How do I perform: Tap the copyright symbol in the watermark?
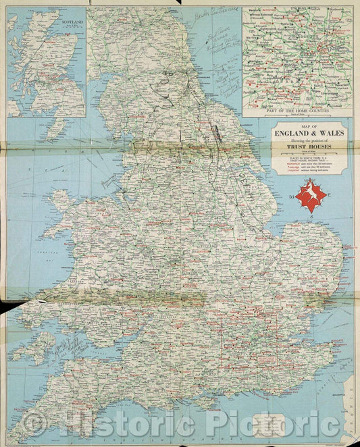click(x=34, y=423)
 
